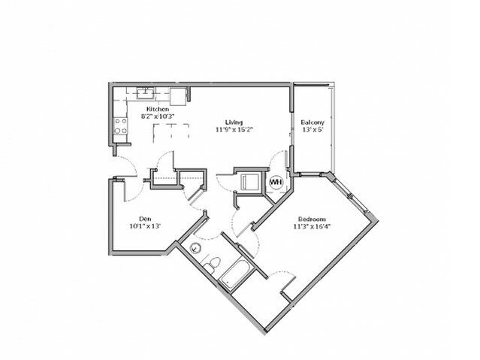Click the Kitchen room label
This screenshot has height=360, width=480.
[x=157, y=109]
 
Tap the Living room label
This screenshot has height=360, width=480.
[x=234, y=122]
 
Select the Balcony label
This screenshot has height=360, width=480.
[x=312, y=122]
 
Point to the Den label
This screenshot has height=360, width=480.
[x=145, y=219]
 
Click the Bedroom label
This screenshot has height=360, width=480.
[x=312, y=219]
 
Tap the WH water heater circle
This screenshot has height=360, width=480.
[x=276, y=182]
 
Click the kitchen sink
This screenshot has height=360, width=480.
[x=146, y=93]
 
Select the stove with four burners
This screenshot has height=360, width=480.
[x=121, y=126]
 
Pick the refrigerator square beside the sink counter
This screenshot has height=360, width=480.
[x=178, y=96]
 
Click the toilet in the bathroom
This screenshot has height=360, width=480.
[x=213, y=265]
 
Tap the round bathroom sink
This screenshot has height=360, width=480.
[x=195, y=247]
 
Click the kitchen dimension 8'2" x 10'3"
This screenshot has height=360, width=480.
[x=157, y=116]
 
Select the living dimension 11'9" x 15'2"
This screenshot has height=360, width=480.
[x=234, y=129]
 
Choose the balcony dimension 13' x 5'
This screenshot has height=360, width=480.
[x=312, y=129]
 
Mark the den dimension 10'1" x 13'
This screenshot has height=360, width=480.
[x=145, y=226]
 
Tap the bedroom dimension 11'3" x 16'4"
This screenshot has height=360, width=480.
[x=312, y=227]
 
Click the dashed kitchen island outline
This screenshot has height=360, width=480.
[x=171, y=133]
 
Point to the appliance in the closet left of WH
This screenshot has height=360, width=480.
[x=250, y=182]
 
